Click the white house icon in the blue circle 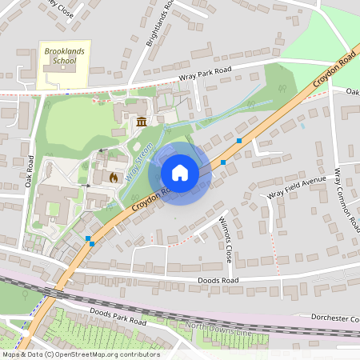coord(180,173)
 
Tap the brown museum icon coord(142,122)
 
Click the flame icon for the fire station coord(114,177)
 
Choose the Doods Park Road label coord(118,316)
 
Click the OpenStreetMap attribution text coord(80,354)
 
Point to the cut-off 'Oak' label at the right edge coord(352,91)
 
